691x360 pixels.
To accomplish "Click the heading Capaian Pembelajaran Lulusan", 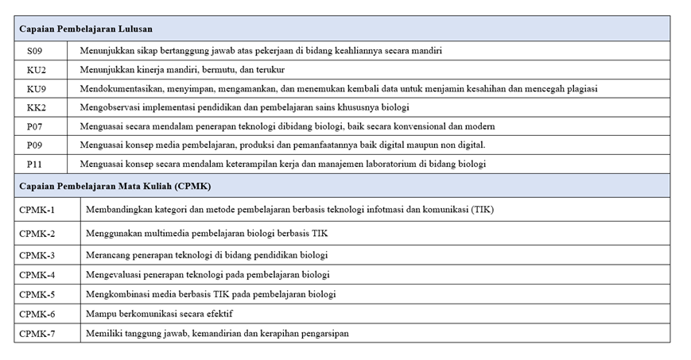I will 86,29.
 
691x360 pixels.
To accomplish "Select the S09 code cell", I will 36,51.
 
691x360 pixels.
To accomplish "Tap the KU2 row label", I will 37,70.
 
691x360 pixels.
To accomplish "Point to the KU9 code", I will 37,89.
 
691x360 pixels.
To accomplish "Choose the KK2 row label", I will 37,107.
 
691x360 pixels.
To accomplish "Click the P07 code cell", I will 36,126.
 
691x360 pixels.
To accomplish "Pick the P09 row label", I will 36,145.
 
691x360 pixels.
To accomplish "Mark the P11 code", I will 36,165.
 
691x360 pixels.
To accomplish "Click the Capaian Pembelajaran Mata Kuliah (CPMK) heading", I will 115,186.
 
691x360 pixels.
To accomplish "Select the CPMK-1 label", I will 37,210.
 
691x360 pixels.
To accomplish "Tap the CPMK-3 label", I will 37,255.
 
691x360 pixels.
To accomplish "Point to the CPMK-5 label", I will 37,294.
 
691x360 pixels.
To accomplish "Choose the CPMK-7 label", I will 37,334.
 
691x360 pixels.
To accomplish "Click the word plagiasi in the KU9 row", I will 580,89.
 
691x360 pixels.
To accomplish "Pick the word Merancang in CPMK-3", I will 107,255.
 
